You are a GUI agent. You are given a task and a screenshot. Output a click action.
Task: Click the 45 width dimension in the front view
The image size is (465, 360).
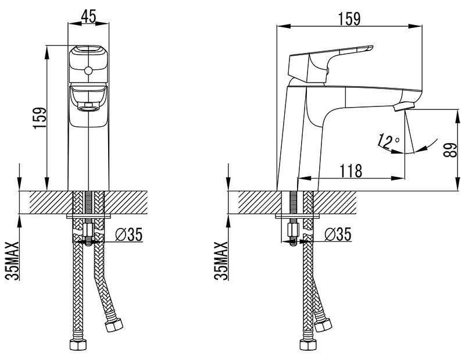click(x=88, y=16)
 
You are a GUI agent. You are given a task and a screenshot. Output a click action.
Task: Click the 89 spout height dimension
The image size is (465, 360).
click(x=448, y=150)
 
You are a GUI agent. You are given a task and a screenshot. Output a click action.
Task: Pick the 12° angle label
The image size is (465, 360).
click(x=388, y=140)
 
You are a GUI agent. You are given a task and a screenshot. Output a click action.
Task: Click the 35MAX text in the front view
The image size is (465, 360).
click(x=13, y=261)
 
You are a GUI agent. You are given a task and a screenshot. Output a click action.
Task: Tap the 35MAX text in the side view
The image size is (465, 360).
click(x=222, y=261)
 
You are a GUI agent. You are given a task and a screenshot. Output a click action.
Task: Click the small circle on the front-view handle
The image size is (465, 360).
click(x=88, y=72)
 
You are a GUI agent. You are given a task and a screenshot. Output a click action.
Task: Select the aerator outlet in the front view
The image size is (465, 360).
click(x=88, y=106)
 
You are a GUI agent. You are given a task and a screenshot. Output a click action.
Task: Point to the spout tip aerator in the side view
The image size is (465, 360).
click(x=405, y=106)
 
